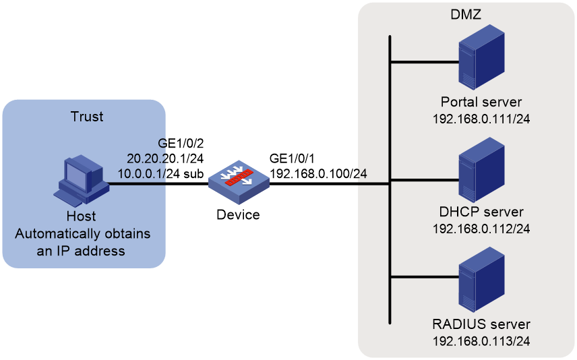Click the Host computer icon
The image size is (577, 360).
[82, 181]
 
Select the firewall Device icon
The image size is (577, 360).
[239, 182]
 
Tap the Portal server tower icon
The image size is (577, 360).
[481, 57]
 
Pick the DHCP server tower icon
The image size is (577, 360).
[481, 170]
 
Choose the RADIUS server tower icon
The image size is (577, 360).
[481, 279]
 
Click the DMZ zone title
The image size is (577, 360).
[466, 14]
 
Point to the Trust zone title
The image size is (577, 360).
[87, 117]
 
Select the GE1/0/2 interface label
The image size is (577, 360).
[181, 143]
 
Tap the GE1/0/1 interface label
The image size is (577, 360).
[292, 158]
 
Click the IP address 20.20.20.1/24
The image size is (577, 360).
[165, 158]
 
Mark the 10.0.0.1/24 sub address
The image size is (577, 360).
[160, 173]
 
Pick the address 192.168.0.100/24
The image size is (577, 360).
[318, 173]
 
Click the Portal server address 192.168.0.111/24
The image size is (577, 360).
[481, 119]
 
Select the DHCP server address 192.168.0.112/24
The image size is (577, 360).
[481, 229]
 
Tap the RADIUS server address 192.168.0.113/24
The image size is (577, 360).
[481, 341]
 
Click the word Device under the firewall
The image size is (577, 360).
[238, 214]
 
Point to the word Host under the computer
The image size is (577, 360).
[81, 216]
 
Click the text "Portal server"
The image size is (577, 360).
[481, 102]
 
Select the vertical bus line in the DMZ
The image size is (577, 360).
[390, 179]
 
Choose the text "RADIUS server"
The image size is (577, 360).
[481, 324]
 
